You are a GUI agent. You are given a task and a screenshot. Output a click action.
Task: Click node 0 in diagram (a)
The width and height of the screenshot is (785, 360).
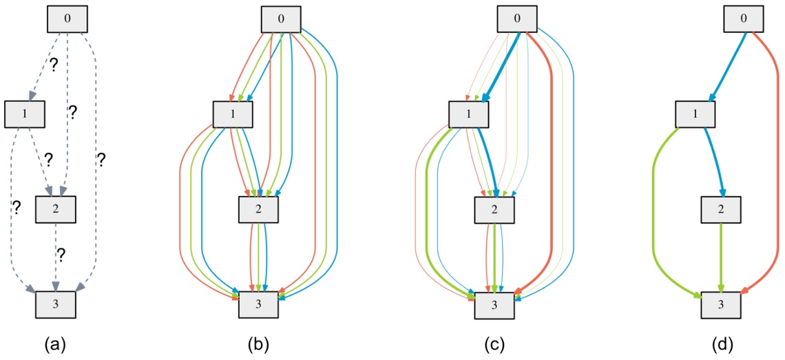click(x=67, y=19)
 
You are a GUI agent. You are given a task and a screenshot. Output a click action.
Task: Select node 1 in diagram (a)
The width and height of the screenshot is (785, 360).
click(x=25, y=114)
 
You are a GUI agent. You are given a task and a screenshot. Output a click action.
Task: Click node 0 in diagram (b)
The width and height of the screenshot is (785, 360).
click(x=281, y=19)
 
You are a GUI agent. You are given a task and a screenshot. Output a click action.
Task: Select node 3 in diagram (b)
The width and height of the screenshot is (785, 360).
click(x=259, y=305)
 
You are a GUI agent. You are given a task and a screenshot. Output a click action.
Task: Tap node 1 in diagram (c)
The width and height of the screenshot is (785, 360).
click(x=469, y=114)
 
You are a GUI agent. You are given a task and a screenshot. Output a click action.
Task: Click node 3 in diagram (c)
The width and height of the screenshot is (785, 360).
click(x=494, y=305)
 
